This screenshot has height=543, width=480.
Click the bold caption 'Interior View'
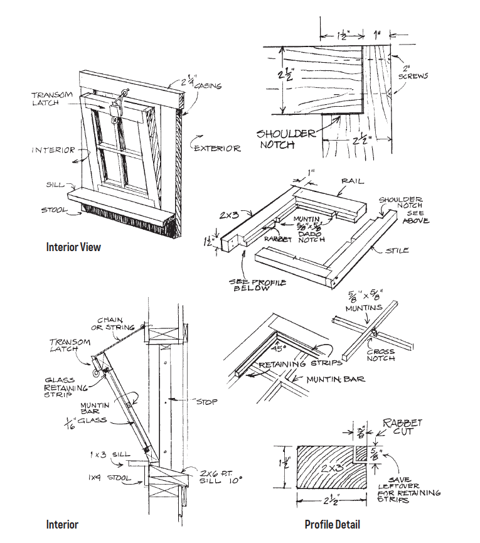click(x=73, y=247)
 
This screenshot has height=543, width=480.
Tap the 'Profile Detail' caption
click(x=332, y=524)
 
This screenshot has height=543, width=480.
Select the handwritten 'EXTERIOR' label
click(x=217, y=148)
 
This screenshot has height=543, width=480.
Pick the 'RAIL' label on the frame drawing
click(x=353, y=181)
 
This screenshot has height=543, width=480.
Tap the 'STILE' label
click(x=397, y=250)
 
